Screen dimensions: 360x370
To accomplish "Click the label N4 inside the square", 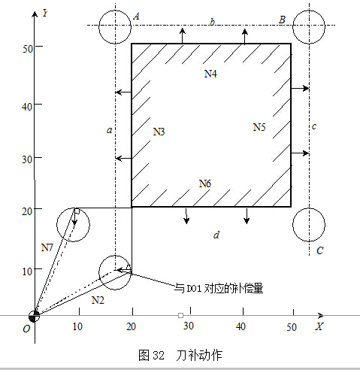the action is pos(210,74).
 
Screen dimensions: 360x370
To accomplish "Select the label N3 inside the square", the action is pos(159,132).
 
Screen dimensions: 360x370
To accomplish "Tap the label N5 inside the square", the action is pos(259,127).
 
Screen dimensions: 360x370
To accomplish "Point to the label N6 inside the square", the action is pos(205,183).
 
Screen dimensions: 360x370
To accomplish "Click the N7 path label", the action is pos(47,247).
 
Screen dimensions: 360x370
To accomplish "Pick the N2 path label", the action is pos(98,300).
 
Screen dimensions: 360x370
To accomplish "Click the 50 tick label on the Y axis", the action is pos(28,49).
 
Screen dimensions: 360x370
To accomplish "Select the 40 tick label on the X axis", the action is pos(241,326).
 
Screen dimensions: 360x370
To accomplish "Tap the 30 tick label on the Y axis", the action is pos(27,159).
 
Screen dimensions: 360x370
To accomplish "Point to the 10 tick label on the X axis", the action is pos(77,326).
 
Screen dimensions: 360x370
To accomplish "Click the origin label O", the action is pos(26,329).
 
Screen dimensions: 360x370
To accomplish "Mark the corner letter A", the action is pos(137,17).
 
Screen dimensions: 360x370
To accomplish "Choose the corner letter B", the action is pos(282,20).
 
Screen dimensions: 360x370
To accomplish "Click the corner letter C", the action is pos(320,250).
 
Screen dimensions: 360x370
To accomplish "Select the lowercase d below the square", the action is pos(216,235).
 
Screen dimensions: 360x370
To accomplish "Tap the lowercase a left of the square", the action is pos(110,130).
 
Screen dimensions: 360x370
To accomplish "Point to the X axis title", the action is pos(319,326).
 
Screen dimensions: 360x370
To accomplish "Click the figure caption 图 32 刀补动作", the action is pos(180,355).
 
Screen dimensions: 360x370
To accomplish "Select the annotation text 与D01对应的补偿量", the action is pos(219,288).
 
